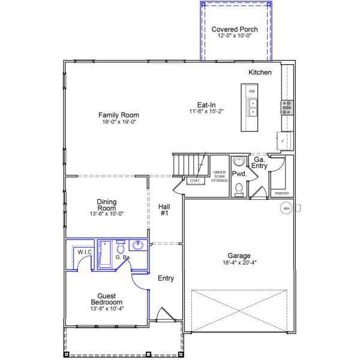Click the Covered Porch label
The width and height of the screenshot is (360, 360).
pos(235,29)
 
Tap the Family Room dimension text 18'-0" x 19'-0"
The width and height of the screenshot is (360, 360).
pos(119,122)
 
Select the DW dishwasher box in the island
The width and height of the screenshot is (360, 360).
pos(252,91)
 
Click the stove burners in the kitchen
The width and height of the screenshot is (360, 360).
pos(287,107)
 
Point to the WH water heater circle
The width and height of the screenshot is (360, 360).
pos(286,208)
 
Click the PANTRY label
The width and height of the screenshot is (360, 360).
pos(282,193)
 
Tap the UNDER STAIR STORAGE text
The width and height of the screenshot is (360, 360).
pos(220,176)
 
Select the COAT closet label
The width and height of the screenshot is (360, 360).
pos(194,181)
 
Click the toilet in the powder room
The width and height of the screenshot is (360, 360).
pos(239,190)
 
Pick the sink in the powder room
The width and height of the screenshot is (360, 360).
pos(239,161)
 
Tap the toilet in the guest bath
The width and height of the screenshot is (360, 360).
pos(121,247)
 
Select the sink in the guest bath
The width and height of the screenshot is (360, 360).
pos(138,245)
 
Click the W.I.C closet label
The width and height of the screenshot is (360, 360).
pos(85,252)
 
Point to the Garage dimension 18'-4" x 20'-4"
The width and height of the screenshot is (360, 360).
pos(239,262)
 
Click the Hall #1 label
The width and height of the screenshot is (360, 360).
pos(164,210)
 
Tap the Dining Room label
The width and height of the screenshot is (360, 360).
pos(107,205)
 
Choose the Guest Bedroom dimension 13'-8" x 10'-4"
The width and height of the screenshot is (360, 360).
pos(107,308)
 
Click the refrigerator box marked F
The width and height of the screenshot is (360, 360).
pos(284,141)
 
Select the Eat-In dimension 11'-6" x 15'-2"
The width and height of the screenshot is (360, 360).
pos(206,112)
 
